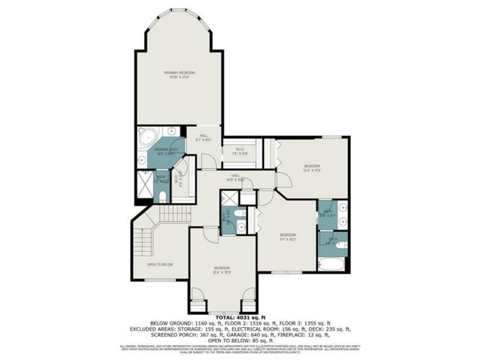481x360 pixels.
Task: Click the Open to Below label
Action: tap(160, 265)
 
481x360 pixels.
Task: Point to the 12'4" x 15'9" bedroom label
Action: tap(221, 270)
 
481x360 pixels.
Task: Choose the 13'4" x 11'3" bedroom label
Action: tap(312, 168)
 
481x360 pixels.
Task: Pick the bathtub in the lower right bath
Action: tap(331, 265)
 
